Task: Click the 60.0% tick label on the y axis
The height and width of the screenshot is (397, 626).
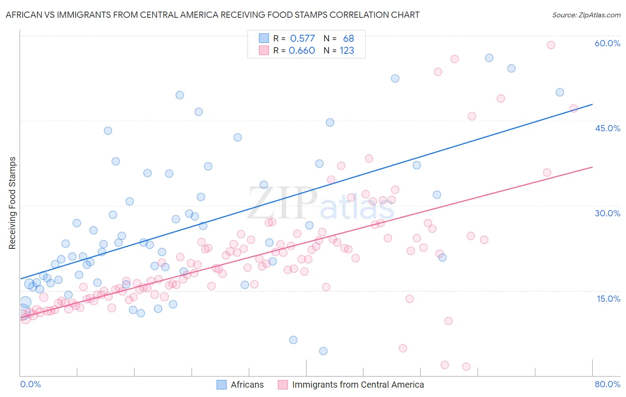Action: click(x=607, y=43)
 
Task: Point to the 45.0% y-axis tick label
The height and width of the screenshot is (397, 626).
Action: click(x=607, y=128)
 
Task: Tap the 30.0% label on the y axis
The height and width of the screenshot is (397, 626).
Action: click(x=607, y=213)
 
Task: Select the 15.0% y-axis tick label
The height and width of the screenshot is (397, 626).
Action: click(x=608, y=299)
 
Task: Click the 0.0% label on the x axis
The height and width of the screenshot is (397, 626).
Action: click(x=30, y=384)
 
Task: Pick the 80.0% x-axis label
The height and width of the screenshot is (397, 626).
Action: click(x=607, y=384)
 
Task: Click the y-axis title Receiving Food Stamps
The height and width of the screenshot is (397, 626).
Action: click(x=12, y=203)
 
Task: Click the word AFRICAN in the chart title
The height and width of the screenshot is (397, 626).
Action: click(x=22, y=15)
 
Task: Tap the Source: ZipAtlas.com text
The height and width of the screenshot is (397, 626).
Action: click(x=586, y=15)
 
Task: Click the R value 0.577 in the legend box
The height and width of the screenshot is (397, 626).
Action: click(x=302, y=39)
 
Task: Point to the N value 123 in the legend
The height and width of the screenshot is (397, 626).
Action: click(x=347, y=51)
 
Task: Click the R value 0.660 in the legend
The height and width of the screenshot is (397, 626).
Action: click(x=302, y=51)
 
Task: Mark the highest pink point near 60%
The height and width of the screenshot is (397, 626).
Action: click(x=551, y=45)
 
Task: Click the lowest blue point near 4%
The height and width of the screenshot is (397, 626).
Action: click(x=323, y=351)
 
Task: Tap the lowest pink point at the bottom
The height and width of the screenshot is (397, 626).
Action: click(x=466, y=367)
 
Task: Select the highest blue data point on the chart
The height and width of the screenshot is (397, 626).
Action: click(x=489, y=58)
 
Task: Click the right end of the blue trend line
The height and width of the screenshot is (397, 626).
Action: click(x=592, y=104)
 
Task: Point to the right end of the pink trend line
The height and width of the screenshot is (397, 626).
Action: click(x=592, y=167)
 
